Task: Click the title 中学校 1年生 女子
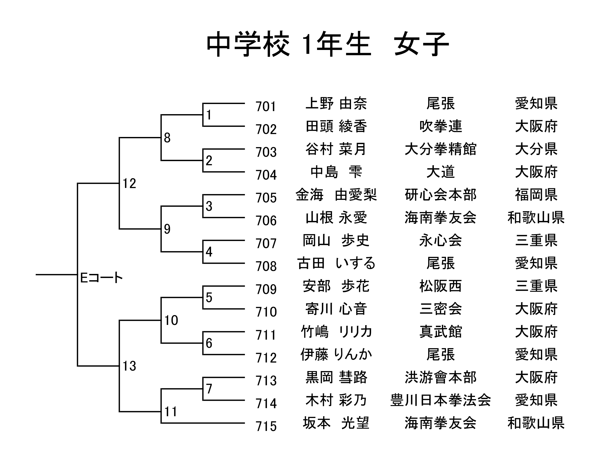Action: (x=328, y=44)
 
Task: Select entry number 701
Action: (x=266, y=107)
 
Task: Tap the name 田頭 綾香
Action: (x=336, y=126)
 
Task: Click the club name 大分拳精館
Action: (x=440, y=149)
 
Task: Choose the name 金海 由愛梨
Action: (x=336, y=195)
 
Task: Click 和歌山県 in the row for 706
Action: (x=536, y=218)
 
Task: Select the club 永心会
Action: (x=440, y=240)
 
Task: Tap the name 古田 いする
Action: (x=336, y=263)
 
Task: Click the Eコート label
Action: (x=101, y=278)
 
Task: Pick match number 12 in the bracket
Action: (x=129, y=183)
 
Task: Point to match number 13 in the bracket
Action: (x=129, y=366)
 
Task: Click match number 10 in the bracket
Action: (x=171, y=320)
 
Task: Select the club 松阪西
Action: (x=440, y=286)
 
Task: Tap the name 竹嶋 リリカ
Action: (x=336, y=332)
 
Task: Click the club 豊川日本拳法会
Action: (x=440, y=400)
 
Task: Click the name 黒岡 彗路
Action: (x=336, y=377)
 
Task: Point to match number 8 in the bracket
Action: (x=167, y=138)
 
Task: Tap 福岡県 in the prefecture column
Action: (x=536, y=195)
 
